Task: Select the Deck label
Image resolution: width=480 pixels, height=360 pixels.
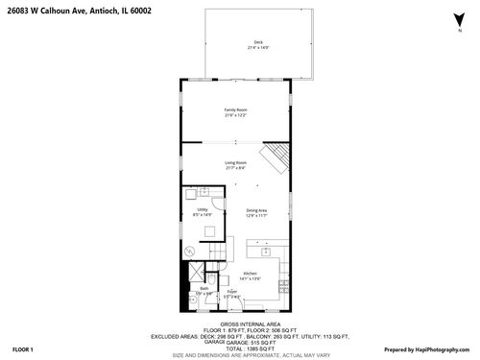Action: tap(258, 41)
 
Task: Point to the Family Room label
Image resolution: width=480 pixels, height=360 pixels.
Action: tap(237, 110)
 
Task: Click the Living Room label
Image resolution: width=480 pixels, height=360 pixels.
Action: tap(237, 163)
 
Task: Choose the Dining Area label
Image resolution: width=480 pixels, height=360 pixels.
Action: tap(256, 210)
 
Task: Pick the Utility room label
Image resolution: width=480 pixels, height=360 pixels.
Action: tap(203, 209)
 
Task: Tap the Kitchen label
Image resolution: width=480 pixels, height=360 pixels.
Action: tap(250, 274)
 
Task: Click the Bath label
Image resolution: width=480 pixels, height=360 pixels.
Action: tap(204, 288)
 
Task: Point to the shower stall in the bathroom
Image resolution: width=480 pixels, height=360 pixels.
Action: tap(191, 299)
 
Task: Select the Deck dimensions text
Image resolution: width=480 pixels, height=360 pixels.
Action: tap(258, 47)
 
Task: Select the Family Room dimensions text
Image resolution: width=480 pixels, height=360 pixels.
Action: tap(237, 116)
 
